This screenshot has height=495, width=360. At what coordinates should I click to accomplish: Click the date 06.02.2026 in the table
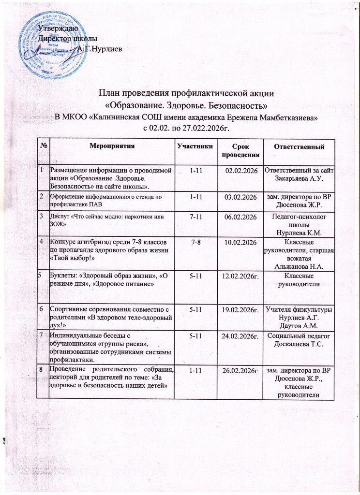[239, 218]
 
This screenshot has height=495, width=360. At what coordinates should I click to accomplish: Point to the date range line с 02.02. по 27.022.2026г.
[186, 127]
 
